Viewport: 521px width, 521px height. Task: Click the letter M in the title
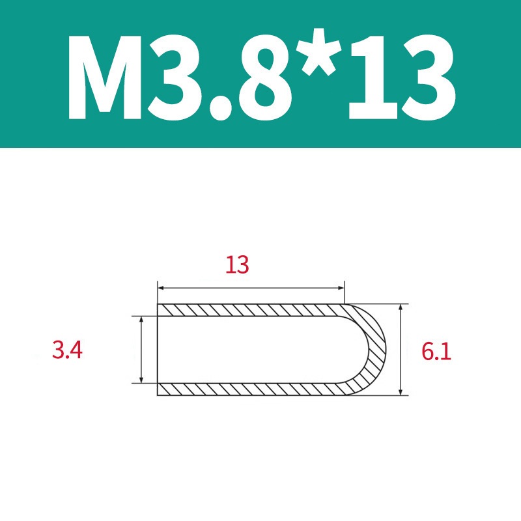click(x=105, y=77)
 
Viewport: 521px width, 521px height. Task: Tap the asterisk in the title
click(x=321, y=51)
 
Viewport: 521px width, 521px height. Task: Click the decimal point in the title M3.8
click(x=219, y=108)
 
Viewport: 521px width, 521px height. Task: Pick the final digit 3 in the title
click(x=429, y=77)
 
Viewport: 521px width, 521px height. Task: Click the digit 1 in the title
click(x=374, y=77)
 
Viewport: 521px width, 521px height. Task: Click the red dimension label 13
click(x=237, y=265)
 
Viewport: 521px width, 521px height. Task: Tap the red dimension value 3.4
click(x=67, y=350)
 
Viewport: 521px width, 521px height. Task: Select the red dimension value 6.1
click(x=436, y=352)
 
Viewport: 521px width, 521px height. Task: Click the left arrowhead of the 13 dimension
click(x=161, y=288)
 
